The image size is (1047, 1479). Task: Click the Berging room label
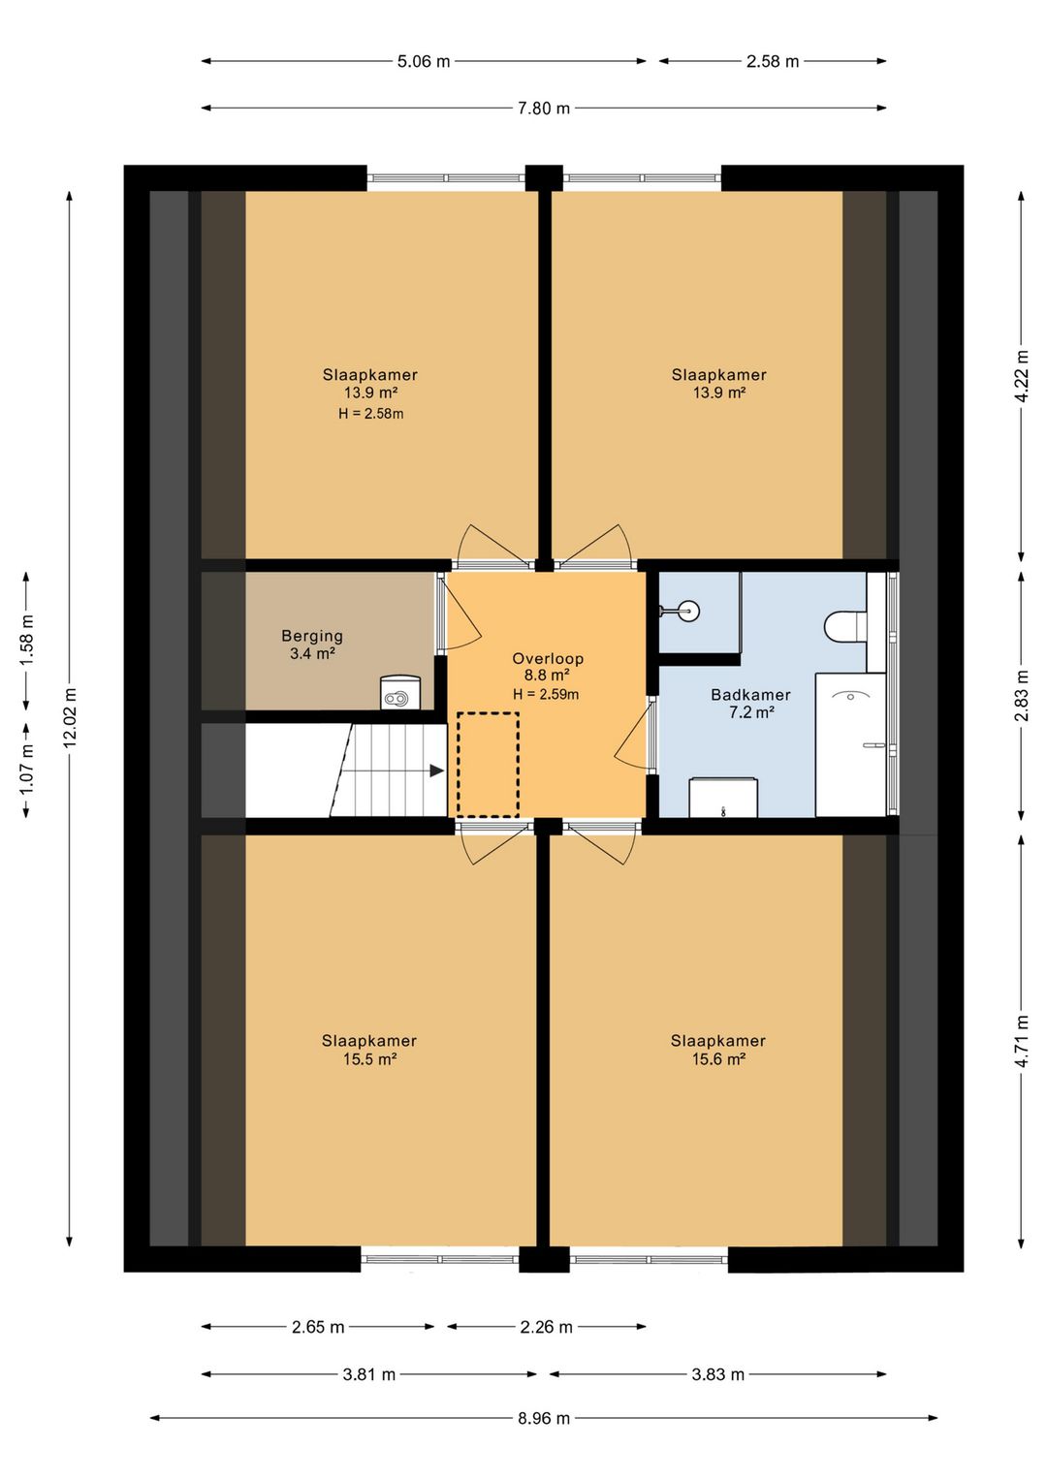[312, 636]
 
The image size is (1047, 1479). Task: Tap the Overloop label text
[548, 658]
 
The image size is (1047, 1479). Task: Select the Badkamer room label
[750, 695]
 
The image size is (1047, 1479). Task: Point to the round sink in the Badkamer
[684, 611]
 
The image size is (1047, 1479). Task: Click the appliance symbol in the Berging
[400, 693]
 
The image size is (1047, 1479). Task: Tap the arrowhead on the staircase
[436, 771]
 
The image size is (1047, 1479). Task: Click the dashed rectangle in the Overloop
[489, 766]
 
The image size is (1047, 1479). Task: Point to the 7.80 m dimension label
[544, 109]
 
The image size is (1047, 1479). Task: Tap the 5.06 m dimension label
[424, 62]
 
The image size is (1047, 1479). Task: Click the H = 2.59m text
[546, 694]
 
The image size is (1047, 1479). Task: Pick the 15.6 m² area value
[718, 1059]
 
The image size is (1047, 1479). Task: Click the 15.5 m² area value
[369, 1059]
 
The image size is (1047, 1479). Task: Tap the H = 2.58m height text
[370, 414]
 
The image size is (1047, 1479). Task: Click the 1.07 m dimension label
[26, 770]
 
